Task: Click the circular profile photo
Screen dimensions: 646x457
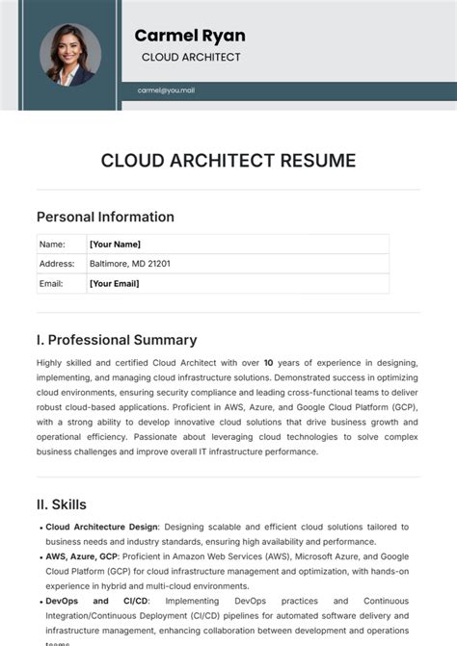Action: [x=69, y=54]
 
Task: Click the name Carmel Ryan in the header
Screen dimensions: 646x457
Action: [x=190, y=36]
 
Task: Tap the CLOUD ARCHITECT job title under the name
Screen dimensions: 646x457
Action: [x=191, y=58]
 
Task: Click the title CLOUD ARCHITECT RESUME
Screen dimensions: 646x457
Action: [x=228, y=160]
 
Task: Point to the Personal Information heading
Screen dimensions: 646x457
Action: [x=105, y=217]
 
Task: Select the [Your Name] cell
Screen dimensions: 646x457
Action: [x=115, y=245]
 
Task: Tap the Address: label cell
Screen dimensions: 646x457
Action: [x=56, y=264]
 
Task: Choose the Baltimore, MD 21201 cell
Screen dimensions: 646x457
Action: [x=130, y=264]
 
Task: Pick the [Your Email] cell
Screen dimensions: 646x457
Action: [x=114, y=283]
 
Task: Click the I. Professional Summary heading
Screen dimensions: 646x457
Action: [x=117, y=340]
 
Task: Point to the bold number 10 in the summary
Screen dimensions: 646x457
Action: [x=268, y=363]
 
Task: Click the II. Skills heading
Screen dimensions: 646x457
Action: [x=62, y=504]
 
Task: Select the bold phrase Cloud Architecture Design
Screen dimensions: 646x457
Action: [x=102, y=528]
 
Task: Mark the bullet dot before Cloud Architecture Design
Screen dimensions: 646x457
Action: [x=40, y=529]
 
